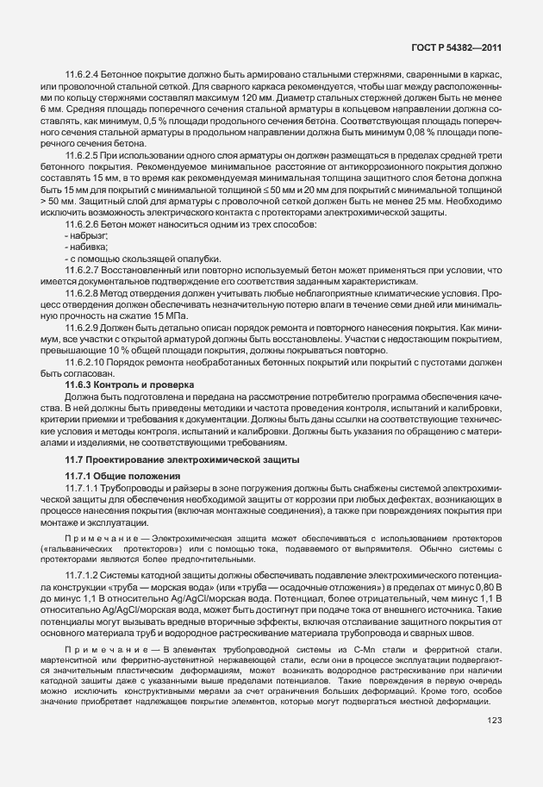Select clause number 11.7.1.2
point(84,573)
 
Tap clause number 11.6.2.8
point(84,295)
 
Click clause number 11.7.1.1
point(84,489)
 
